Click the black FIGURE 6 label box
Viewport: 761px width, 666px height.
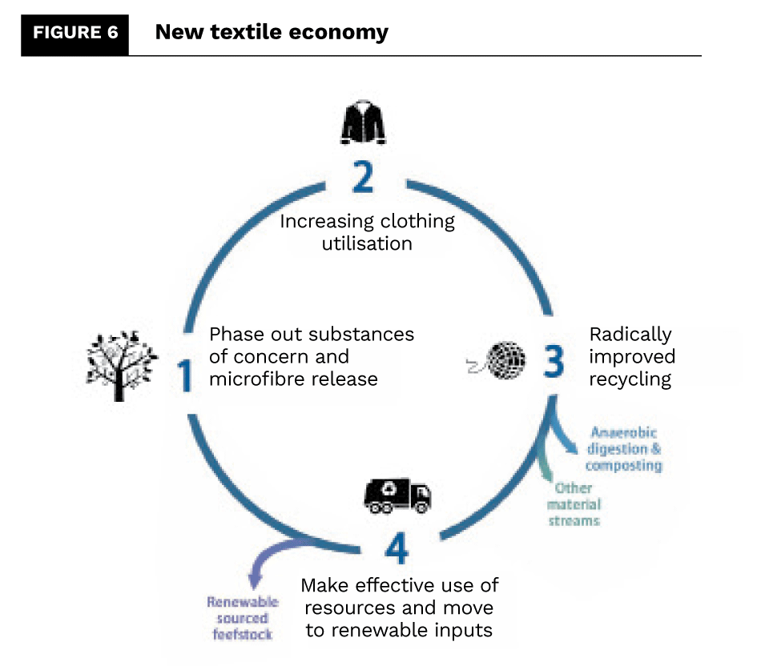(x=74, y=34)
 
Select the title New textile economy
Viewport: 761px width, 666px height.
(x=271, y=33)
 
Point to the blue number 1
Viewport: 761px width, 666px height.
(x=185, y=375)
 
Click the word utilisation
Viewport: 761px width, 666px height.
(x=367, y=243)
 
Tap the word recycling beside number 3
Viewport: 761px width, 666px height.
(x=630, y=379)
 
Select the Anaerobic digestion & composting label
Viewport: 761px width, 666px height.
(x=623, y=449)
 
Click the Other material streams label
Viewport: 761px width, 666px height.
(x=574, y=504)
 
